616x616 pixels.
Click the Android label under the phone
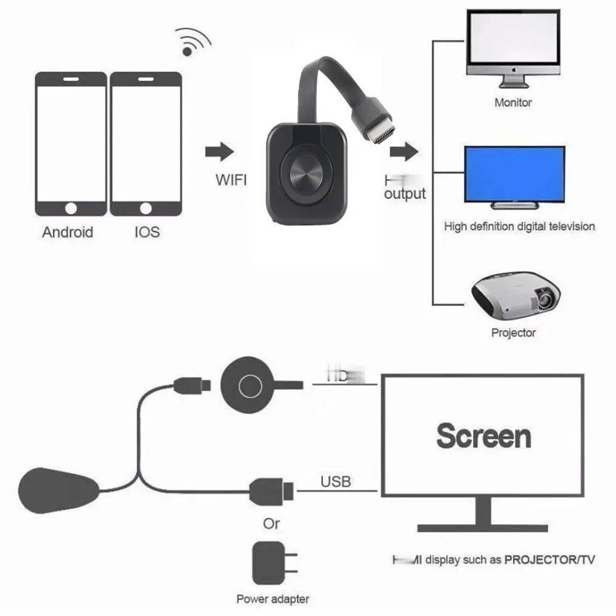point(68,232)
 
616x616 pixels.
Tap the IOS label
point(146,232)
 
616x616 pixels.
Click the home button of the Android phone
point(71,208)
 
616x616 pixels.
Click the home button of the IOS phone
point(146,208)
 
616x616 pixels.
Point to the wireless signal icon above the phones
point(193,42)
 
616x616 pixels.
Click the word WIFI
point(231,180)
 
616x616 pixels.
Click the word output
point(405,194)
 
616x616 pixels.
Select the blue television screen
point(514,174)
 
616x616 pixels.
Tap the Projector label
point(513,333)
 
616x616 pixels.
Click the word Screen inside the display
point(484,436)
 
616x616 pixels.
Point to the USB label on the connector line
point(336,481)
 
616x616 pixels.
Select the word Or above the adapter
point(271,524)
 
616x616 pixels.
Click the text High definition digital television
point(519,227)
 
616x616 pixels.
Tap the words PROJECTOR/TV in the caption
point(549,560)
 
